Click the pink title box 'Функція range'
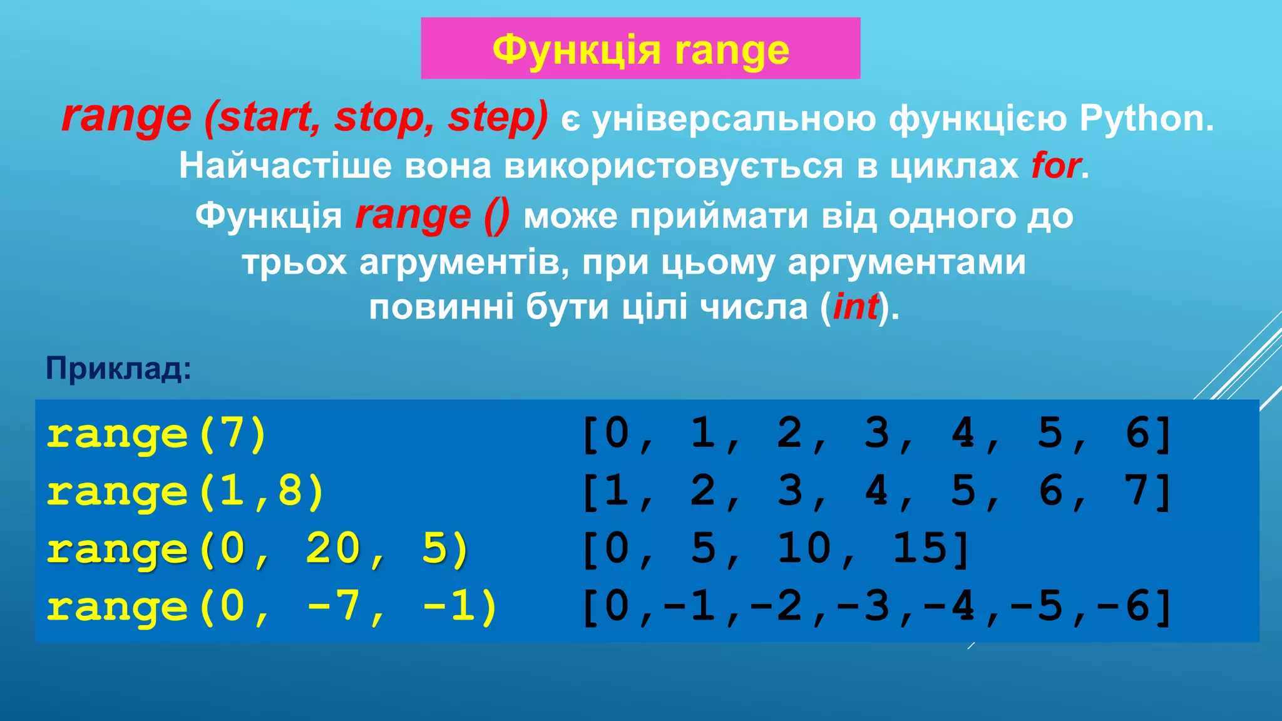pos(640,49)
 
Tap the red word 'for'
pos(1055,166)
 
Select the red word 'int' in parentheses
pos(855,307)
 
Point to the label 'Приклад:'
pos(118,369)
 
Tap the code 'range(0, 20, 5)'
pos(257,550)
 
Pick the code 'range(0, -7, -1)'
pos(272,607)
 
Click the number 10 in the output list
pos(804,548)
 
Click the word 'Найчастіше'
pos(285,166)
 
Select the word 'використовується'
pos(674,166)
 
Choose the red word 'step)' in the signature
pos(498,118)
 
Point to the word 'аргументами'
pos(906,262)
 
